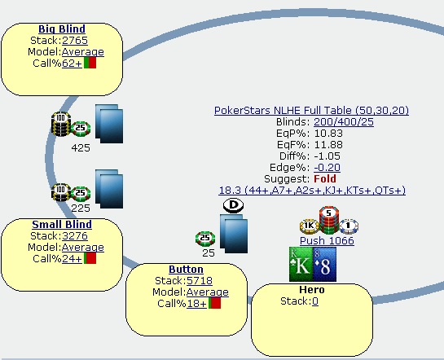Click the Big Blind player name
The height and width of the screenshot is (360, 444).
[x=62, y=29]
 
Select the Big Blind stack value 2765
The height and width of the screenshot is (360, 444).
[x=75, y=41]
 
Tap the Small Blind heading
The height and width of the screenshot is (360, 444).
[x=62, y=225]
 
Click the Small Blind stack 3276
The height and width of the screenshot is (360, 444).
[x=75, y=235]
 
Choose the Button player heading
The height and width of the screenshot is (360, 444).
[x=186, y=269]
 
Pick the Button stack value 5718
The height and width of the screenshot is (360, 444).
[x=200, y=281]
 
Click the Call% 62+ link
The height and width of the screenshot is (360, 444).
[x=72, y=63]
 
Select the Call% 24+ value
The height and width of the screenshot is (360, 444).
[x=72, y=259]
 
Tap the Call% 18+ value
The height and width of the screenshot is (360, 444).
[x=196, y=304]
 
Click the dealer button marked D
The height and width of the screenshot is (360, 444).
[x=233, y=205]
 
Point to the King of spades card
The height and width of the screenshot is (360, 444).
[x=301, y=264]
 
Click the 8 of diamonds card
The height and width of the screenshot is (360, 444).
[x=325, y=264]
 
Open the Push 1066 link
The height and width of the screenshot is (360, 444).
[x=327, y=241]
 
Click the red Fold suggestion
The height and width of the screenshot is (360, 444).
[x=325, y=179]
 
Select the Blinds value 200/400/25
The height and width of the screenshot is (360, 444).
[x=344, y=122]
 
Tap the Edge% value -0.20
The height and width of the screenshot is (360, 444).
[x=327, y=168]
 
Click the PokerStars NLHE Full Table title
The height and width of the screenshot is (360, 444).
[x=311, y=111]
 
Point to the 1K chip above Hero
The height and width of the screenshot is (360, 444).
[x=310, y=226]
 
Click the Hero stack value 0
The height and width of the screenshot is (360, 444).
[x=315, y=301]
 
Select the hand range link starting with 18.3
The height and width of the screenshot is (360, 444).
[x=312, y=191]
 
